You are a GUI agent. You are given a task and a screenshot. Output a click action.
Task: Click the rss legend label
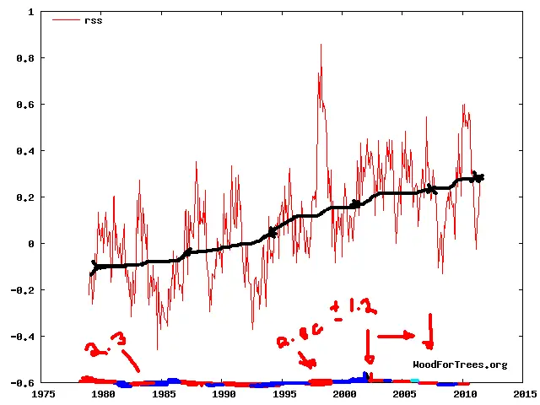pos(93,19)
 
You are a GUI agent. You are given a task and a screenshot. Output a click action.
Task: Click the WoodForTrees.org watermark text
pos(460,364)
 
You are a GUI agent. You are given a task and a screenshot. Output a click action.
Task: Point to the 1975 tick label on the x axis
pos(43,393)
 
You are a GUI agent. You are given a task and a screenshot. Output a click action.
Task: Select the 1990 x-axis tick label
pos(224,393)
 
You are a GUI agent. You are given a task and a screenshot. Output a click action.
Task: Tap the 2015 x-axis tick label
pos(524,393)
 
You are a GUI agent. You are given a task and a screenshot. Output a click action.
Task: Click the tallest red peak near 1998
pos(321,45)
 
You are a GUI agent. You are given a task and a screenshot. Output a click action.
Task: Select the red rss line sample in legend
pos(66,19)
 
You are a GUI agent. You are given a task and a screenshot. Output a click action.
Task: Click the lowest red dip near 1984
pos(157,348)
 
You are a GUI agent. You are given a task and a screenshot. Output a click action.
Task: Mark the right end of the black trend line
pos(481,177)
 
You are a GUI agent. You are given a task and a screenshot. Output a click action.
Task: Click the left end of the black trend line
pos(91,273)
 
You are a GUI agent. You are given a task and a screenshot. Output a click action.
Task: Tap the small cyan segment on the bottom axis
pos(414,381)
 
